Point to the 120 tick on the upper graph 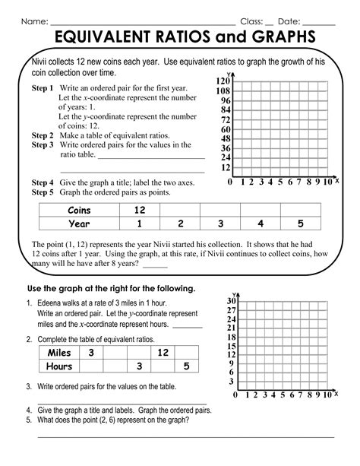223,81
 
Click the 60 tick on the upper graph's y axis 225,129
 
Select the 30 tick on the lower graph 231,302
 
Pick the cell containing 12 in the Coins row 139,210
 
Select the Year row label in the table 79,223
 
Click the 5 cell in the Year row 301,223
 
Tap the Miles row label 58,353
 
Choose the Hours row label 58,366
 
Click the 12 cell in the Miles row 163,353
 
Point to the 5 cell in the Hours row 186,366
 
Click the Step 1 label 43,88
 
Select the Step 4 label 43,183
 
